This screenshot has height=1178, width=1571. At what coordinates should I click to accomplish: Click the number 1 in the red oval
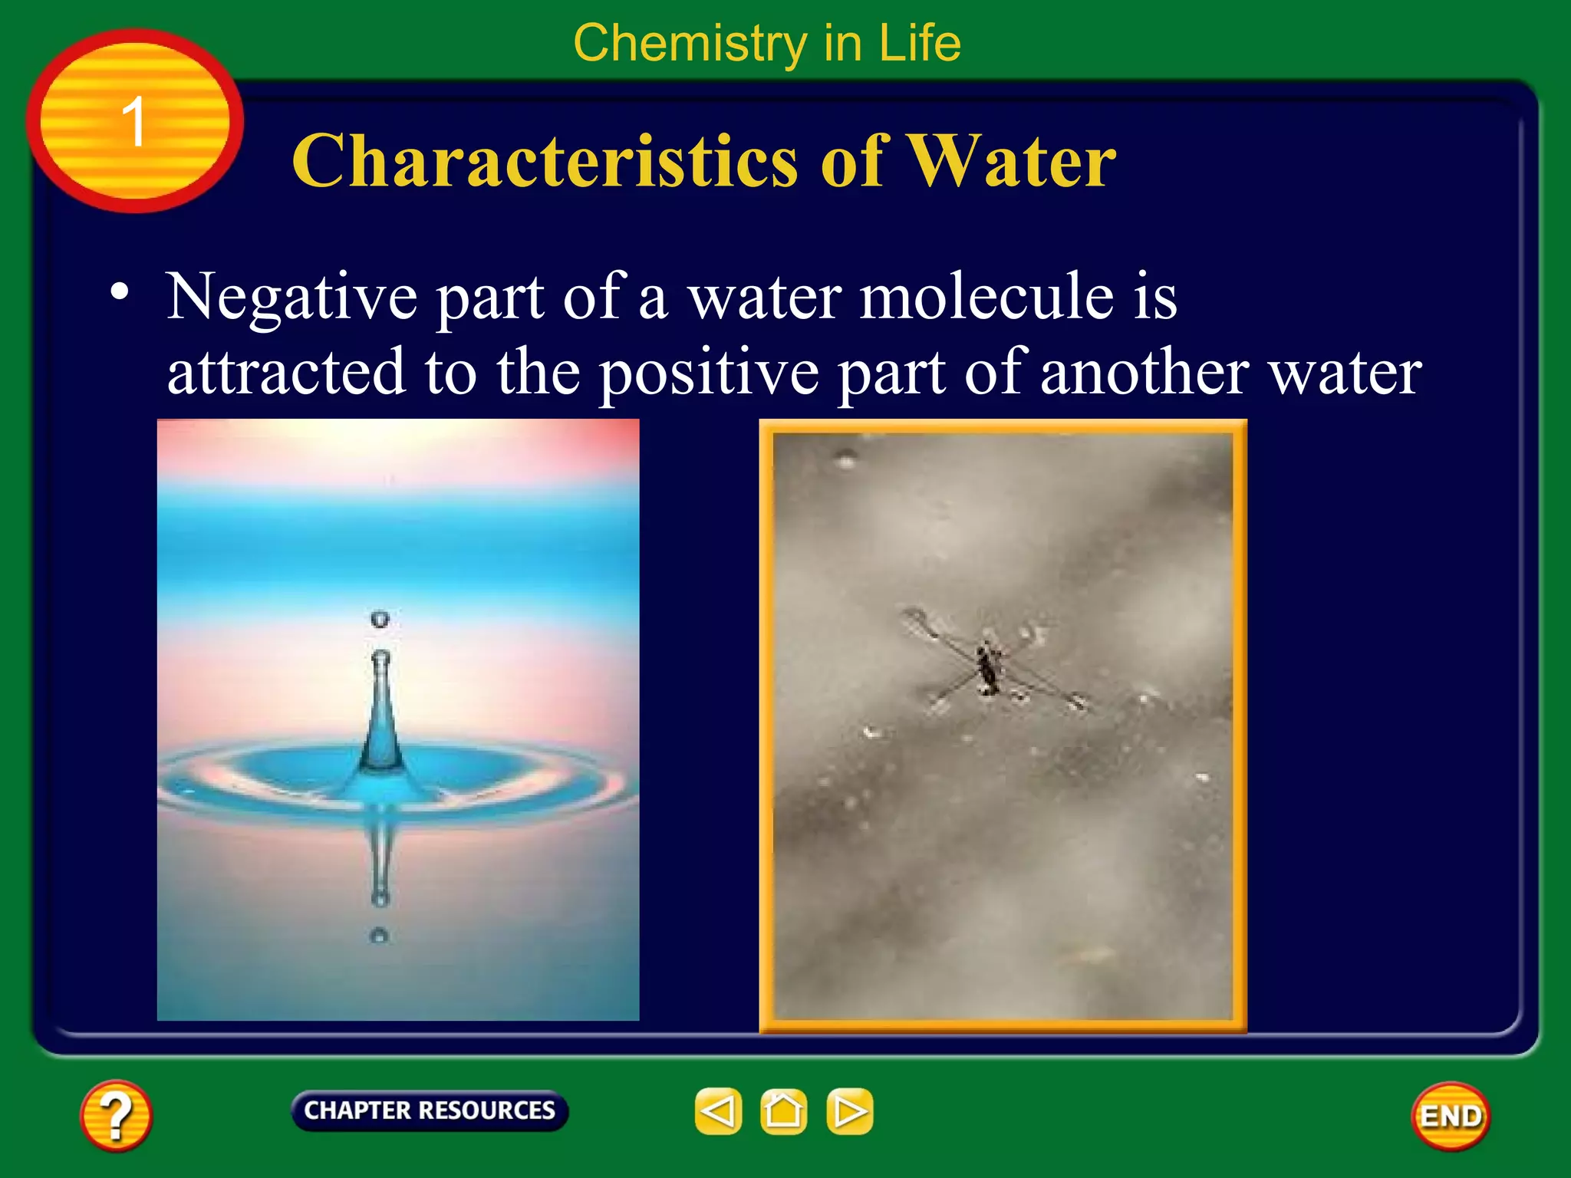(x=134, y=121)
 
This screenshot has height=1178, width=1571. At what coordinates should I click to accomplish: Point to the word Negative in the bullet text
(x=291, y=298)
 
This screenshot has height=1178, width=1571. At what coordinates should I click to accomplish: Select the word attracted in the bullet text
(x=285, y=372)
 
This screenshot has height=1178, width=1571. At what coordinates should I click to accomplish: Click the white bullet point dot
(x=119, y=292)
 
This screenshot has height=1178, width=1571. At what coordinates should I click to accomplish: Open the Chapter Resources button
(x=430, y=1111)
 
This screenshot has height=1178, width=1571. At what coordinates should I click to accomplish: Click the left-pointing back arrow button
(x=718, y=1111)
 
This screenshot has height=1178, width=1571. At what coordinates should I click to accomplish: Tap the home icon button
(x=783, y=1111)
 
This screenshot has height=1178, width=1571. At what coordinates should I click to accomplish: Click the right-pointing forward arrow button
(x=849, y=1111)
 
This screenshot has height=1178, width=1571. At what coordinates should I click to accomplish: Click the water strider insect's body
(x=986, y=667)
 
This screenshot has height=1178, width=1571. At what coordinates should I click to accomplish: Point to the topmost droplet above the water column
(x=380, y=618)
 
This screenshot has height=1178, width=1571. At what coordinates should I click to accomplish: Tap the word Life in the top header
(x=920, y=44)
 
